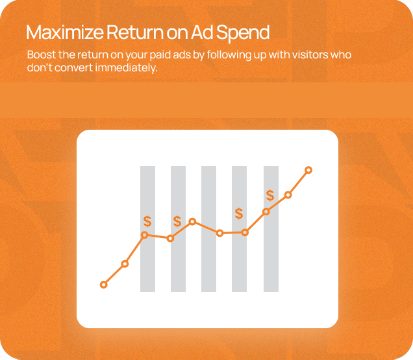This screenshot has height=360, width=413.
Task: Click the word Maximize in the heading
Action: click(x=64, y=32)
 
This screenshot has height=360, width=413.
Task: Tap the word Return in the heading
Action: click(x=134, y=32)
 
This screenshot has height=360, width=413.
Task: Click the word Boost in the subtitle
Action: click(x=42, y=54)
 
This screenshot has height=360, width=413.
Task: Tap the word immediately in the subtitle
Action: click(x=126, y=68)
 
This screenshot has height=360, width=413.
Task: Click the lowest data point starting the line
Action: click(x=104, y=285)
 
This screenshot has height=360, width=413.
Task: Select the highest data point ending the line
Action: click(x=308, y=170)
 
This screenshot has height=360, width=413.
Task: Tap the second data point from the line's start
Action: click(x=125, y=264)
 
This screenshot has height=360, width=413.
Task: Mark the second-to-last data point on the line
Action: click(x=288, y=195)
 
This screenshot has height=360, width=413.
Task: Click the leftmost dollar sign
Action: click(x=147, y=221)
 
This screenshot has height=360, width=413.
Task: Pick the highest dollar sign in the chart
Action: click(x=270, y=195)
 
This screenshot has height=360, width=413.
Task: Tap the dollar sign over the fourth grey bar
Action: click(x=239, y=213)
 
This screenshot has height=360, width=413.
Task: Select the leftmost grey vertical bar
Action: click(x=147, y=229)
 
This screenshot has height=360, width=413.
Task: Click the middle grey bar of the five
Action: click(x=208, y=229)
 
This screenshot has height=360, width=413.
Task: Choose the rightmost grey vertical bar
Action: click(x=271, y=229)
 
